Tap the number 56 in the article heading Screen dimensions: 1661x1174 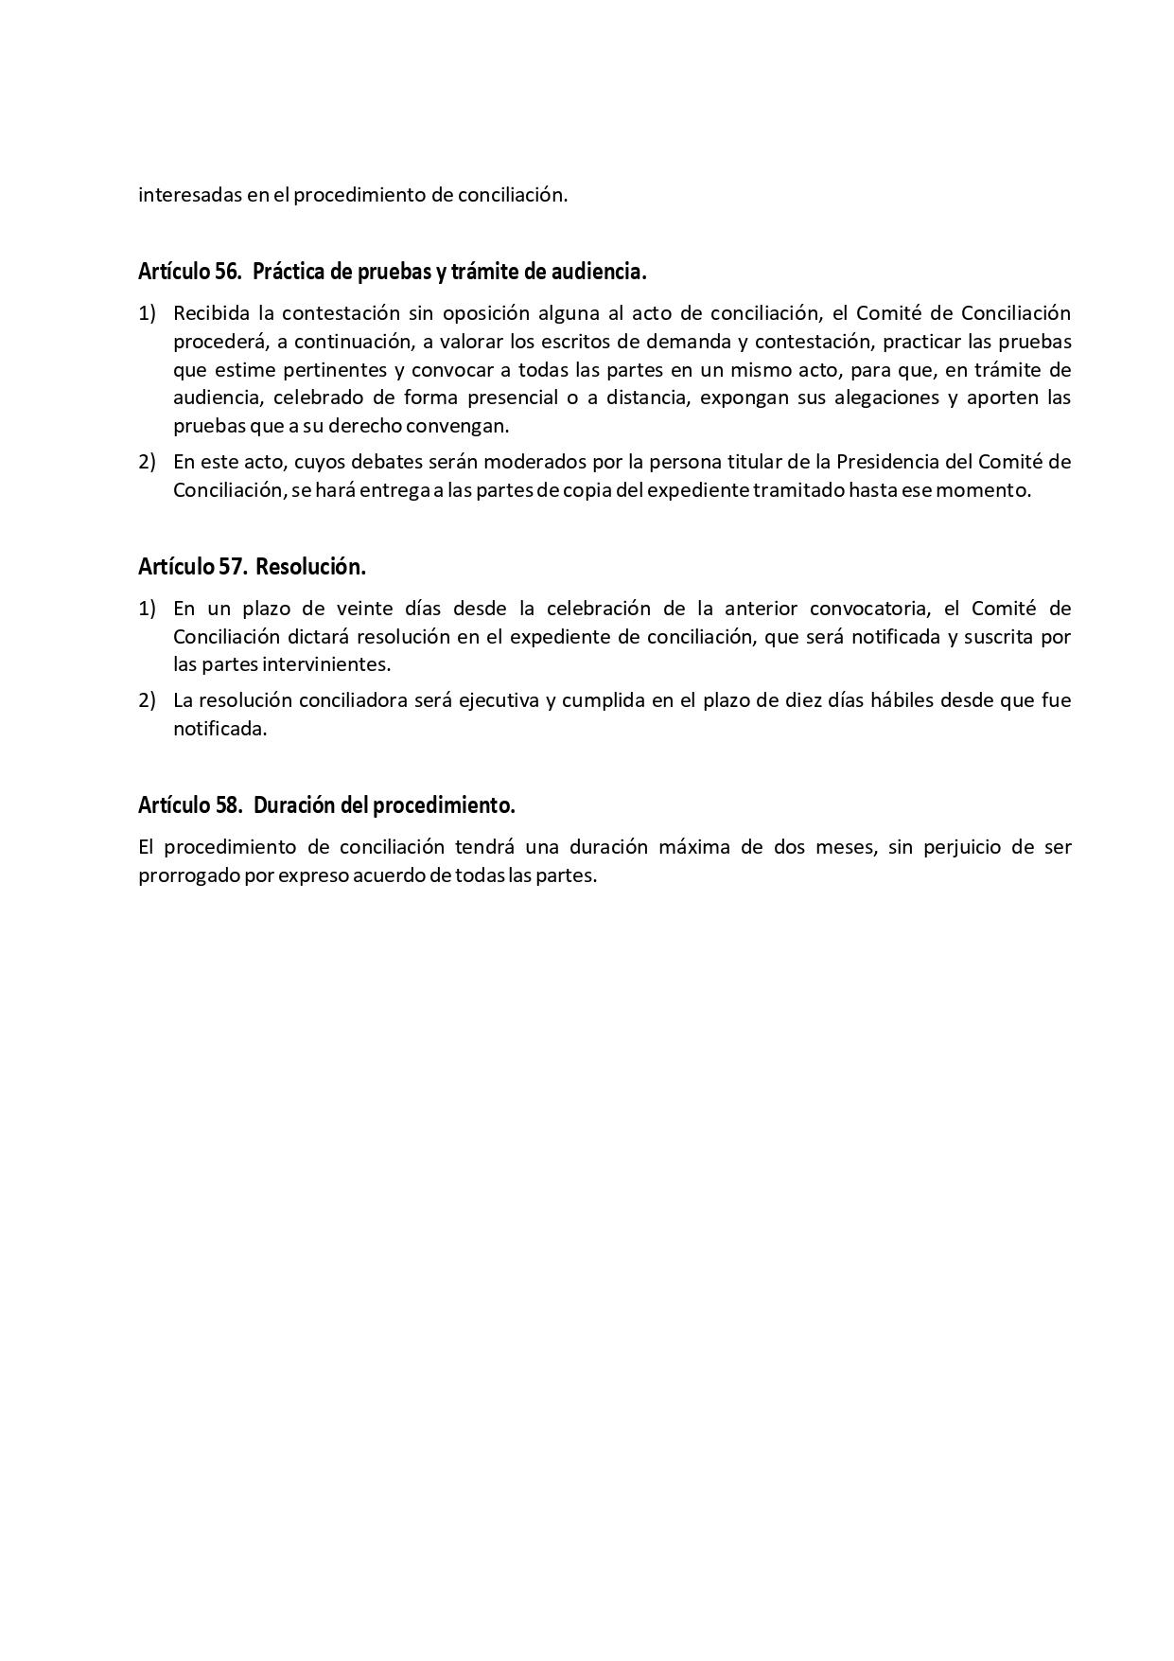[x=227, y=273]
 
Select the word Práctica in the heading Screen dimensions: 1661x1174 [x=289, y=273]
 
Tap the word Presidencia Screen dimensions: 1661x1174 [x=897, y=462]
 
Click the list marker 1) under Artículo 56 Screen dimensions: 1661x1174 [x=147, y=313]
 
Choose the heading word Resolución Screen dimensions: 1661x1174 [x=310, y=567]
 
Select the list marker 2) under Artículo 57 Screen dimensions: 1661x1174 [x=147, y=701]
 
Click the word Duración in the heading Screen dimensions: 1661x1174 [x=292, y=805]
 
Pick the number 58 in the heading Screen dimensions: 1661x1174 [x=227, y=805]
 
